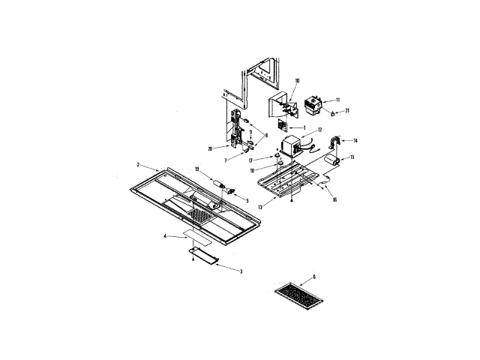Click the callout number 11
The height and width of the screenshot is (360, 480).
click(337, 100)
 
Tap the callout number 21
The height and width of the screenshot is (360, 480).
click(347, 110)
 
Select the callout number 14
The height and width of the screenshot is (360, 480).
click(355, 140)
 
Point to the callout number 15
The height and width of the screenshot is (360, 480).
click(352, 157)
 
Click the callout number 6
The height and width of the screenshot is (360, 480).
click(313, 277)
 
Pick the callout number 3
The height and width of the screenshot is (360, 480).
click(240, 270)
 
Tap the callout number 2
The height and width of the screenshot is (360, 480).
click(138, 164)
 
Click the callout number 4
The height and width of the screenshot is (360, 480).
click(165, 236)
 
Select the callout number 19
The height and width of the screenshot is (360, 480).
click(196, 171)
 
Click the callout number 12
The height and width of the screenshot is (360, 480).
click(319, 129)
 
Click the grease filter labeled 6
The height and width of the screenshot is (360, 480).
click(298, 296)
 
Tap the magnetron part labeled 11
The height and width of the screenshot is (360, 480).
click(316, 106)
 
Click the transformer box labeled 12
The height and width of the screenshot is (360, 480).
click(289, 145)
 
